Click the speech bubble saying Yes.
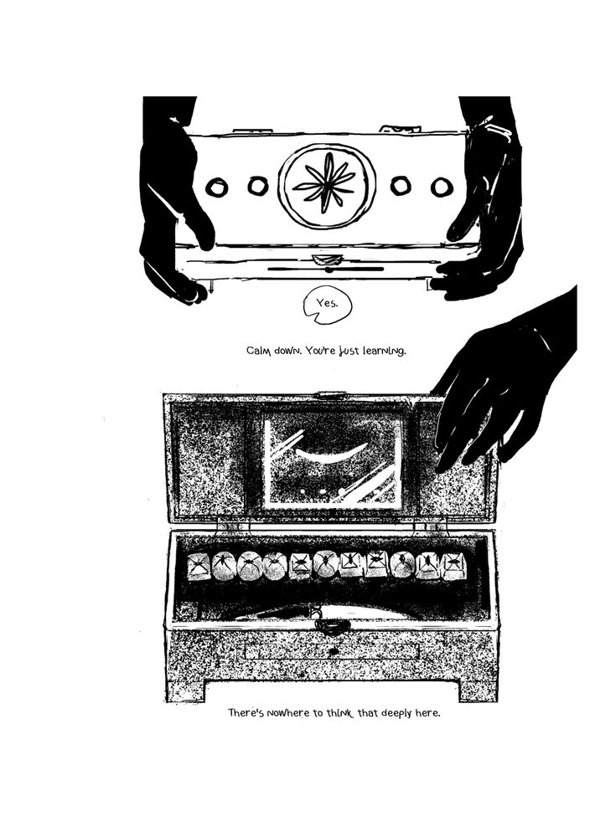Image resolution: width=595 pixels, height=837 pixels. click(328, 305)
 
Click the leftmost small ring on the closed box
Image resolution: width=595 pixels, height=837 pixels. click(217, 187)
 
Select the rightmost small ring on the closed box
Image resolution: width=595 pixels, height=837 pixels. click(442, 187)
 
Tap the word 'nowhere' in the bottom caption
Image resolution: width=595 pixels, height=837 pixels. click(292, 713)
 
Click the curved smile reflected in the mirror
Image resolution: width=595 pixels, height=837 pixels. click(332, 453)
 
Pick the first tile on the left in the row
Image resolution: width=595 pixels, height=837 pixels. click(199, 567)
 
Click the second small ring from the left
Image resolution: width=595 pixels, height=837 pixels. click(257, 186)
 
